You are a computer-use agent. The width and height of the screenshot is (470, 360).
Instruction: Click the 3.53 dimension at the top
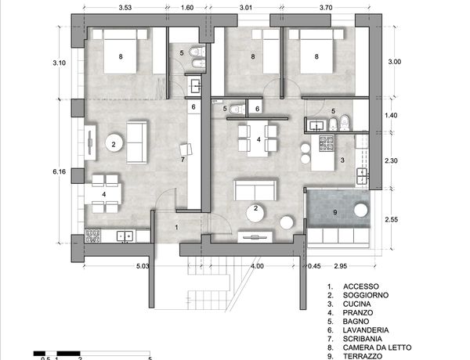tap(125, 8)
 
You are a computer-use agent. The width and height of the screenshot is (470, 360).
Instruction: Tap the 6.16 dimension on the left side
tap(59, 171)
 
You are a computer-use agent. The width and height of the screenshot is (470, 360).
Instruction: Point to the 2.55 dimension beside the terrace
tap(391, 220)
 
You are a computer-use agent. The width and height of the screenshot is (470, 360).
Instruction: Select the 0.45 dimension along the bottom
tap(314, 266)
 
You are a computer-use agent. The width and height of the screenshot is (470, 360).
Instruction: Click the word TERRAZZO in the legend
tap(363, 356)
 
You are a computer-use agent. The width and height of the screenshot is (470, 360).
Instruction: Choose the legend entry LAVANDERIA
tap(366, 330)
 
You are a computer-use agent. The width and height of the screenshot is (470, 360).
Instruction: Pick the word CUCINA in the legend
tap(356, 304)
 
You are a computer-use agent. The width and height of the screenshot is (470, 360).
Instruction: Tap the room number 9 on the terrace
tap(335, 212)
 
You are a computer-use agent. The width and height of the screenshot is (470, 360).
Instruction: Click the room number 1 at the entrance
tap(176, 227)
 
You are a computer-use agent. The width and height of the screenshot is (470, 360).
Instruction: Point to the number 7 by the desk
tap(183, 160)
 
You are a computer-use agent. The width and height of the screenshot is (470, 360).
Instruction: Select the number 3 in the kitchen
tap(342, 160)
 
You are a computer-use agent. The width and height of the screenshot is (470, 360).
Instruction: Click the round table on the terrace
tap(360, 210)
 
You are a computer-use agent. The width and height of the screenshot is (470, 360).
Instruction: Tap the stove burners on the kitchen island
tap(327, 143)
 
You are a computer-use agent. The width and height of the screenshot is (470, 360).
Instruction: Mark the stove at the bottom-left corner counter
tap(92, 236)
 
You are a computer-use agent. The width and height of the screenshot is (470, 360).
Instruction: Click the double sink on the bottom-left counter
tap(125, 236)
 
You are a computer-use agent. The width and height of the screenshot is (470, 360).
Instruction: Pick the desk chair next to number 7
tap(186, 149)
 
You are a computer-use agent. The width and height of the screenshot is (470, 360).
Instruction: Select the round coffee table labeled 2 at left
tap(114, 143)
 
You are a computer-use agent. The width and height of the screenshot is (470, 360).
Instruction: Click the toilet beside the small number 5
tap(237, 109)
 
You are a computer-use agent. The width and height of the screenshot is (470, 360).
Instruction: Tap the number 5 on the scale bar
tap(150, 358)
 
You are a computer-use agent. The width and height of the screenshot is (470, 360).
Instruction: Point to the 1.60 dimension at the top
tap(187, 8)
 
